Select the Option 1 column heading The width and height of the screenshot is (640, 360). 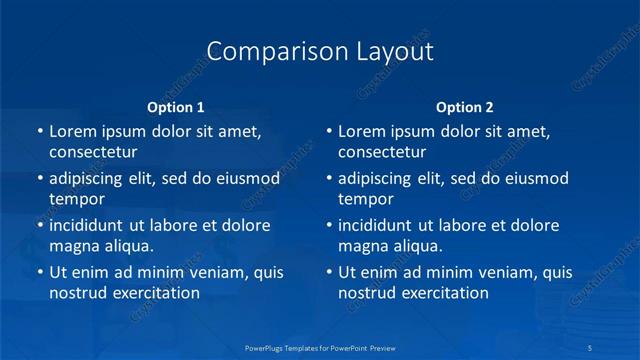coord(176,107)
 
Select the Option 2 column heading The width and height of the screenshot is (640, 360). coord(465,107)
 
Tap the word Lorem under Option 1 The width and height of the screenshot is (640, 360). coord(72,131)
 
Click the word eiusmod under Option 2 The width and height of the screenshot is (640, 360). coord(536,179)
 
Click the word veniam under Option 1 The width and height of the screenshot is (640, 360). coord(206,273)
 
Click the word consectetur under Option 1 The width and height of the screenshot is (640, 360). coord(93,152)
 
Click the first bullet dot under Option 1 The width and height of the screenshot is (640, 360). coord(39,132)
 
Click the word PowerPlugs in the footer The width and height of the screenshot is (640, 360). coord(266,347)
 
